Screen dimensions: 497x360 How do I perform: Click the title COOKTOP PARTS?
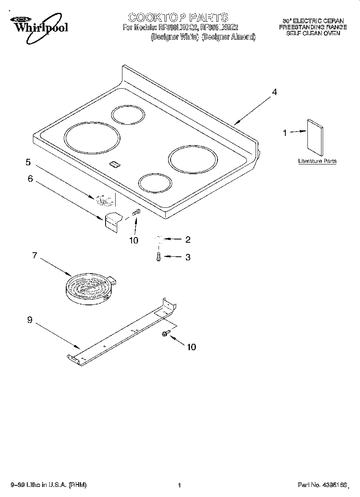[178, 17]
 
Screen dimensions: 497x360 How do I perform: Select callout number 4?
[274, 92]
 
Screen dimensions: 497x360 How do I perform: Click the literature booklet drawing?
[315, 138]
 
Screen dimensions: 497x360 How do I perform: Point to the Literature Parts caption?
[317, 161]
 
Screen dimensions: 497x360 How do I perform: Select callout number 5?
[28, 162]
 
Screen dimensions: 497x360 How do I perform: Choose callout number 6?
[30, 179]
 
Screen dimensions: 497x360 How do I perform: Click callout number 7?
[35, 255]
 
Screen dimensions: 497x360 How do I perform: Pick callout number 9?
[30, 320]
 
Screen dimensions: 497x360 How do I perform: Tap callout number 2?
[187, 239]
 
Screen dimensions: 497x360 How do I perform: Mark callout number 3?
[187, 258]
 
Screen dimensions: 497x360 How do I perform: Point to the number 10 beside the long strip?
[191, 347]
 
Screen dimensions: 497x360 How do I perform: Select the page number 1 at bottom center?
[179, 485]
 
